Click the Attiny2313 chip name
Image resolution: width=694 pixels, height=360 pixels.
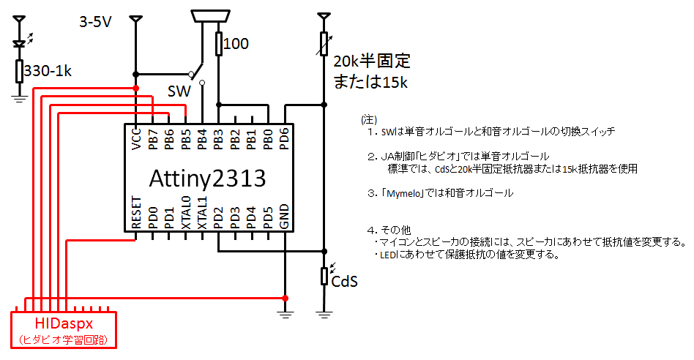point(207,179)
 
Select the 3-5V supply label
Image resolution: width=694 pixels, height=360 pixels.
point(95,23)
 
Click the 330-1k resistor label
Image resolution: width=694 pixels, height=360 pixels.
point(49,71)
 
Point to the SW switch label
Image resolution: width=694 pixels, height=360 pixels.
point(179,91)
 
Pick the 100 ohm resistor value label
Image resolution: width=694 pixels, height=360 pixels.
point(236,44)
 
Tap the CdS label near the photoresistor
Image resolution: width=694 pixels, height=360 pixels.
point(344,281)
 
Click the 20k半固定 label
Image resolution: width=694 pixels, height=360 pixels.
point(372,61)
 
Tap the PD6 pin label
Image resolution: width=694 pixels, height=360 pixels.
point(285,138)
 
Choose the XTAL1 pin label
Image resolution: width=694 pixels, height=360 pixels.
point(202,213)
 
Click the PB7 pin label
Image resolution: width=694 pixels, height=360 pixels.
point(153,138)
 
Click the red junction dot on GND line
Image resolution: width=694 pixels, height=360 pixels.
point(285,298)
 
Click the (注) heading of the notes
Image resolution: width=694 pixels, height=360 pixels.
point(368,119)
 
